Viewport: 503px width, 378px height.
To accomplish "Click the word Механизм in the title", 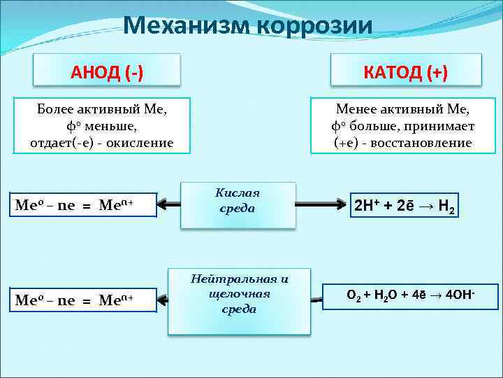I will [180, 26].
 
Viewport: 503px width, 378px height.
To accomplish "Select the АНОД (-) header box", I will [107, 72].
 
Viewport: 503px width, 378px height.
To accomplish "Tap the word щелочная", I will [239, 293].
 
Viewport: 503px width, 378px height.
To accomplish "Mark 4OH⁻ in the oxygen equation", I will [461, 295].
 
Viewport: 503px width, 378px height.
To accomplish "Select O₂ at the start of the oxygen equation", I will [354, 295].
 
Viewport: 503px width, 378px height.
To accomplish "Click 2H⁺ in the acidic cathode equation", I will [366, 206].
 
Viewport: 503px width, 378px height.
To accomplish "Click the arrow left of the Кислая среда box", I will [168, 204].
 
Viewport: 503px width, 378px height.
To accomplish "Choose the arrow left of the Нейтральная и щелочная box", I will [162, 300].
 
